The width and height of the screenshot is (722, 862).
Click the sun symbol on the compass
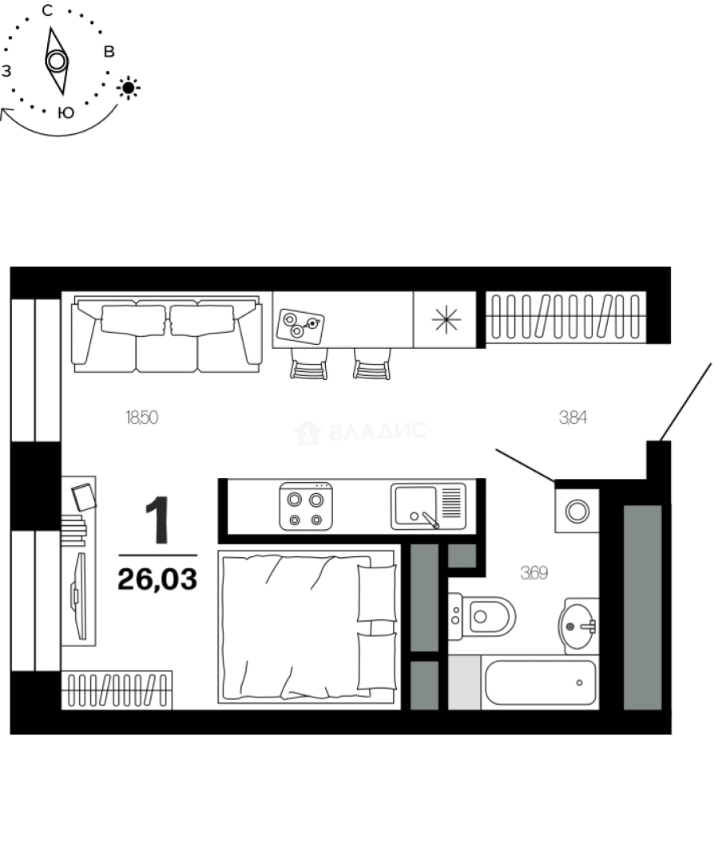click(129, 87)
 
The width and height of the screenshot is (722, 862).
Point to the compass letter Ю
click(66, 113)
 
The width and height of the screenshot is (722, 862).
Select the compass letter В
click(110, 53)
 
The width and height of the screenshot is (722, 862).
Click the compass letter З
click(6, 71)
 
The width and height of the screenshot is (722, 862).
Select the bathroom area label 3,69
click(534, 572)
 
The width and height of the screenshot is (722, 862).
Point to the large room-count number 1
click(158, 520)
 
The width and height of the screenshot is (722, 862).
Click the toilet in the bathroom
click(482, 616)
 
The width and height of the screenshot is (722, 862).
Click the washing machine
click(577, 510)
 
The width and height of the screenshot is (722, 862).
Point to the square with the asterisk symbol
click(446, 319)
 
